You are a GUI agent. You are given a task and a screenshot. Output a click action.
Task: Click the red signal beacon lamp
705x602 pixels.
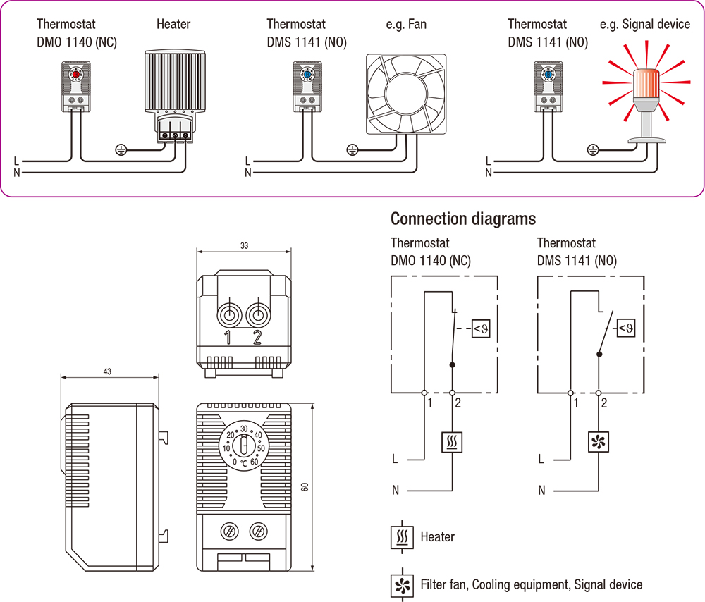[x=646, y=82]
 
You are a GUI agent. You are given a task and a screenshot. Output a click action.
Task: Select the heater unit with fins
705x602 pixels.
[x=173, y=81]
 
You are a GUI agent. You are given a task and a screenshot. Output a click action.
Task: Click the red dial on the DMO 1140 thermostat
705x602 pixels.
[x=75, y=73]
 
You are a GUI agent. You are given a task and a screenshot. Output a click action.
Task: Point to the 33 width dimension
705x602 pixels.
[x=243, y=246]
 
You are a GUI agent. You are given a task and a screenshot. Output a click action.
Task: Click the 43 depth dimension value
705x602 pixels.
[x=107, y=371]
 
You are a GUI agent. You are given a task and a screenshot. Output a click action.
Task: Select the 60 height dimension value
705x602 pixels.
[x=305, y=486]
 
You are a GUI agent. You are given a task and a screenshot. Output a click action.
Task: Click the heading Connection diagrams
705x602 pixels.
[x=463, y=219]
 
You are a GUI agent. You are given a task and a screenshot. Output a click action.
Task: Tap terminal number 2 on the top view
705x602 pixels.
[x=257, y=338]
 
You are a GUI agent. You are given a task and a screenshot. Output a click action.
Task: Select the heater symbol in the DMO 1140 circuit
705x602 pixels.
[x=451, y=442]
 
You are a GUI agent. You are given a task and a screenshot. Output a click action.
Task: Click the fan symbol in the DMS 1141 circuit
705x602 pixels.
[x=598, y=442]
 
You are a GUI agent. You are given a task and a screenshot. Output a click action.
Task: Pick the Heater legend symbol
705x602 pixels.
[x=401, y=537]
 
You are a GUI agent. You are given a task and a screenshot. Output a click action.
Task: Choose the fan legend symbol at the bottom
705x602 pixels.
[x=401, y=584]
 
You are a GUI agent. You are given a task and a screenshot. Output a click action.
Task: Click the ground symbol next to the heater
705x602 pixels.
[x=121, y=149]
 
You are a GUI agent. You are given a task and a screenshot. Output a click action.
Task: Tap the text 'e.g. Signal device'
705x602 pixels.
[x=644, y=25]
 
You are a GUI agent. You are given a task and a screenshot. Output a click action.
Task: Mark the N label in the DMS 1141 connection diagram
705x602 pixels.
[x=541, y=489]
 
